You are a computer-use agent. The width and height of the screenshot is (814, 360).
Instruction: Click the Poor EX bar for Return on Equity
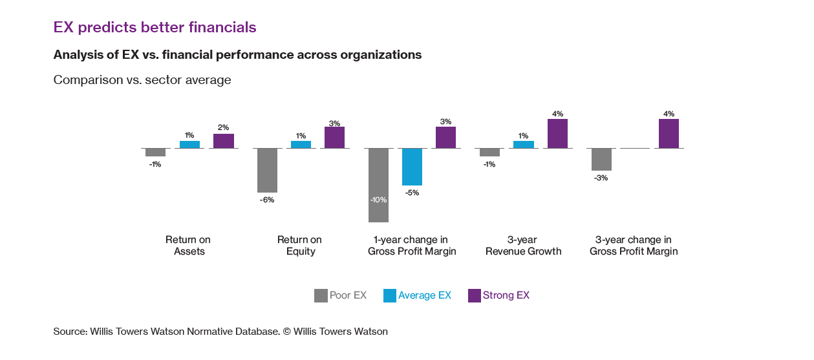[x=267, y=170]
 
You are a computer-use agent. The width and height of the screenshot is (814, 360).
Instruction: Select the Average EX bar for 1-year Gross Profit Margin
[x=412, y=167]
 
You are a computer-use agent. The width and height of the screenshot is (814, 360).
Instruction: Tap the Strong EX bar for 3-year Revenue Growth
[x=557, y=134]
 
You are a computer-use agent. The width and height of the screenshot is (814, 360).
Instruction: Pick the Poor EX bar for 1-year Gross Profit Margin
[x=378, y=185]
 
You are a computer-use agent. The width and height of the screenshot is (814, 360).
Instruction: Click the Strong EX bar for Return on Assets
[x=224, y=141]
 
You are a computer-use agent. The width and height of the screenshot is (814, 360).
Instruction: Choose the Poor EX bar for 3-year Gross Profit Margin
[x=601, y=159]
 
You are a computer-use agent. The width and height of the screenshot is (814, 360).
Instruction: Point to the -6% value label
[x=267, y=200]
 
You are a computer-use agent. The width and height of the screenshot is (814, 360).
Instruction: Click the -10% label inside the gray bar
[x=378, y=200]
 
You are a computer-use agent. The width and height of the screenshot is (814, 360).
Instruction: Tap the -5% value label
[x=412, y=193]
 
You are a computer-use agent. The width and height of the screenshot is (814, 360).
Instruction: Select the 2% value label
[x=224, y=127]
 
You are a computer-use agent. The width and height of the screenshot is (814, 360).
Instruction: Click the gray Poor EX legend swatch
[x=321, y=295]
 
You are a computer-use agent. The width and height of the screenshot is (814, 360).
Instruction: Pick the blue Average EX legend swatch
[x=389, y=295]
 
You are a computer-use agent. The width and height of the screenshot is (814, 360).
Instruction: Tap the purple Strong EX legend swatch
[x=473, y=295]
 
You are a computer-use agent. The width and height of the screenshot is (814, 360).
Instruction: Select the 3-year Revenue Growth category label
[x=524, y=246]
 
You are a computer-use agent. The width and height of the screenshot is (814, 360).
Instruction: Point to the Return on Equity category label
[x=301, y=246]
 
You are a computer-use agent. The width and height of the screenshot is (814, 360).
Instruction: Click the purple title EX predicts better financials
[x=155, y=27]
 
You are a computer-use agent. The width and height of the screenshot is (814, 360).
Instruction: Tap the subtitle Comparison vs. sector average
[x=142, y=80]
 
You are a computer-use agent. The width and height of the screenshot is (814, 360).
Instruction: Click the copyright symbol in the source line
[x=288, y=332]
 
